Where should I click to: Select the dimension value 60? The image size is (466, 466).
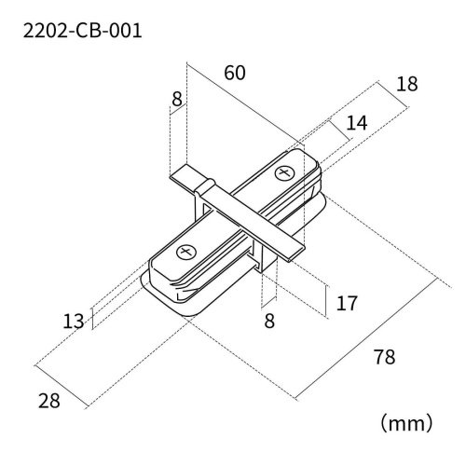click(x=236, y=73)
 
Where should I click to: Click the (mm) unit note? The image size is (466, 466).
click(x=405, y=423)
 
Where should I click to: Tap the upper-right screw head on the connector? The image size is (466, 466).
click(x=283, y=173)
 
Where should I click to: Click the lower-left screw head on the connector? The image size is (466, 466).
click(x=185, y=252)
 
